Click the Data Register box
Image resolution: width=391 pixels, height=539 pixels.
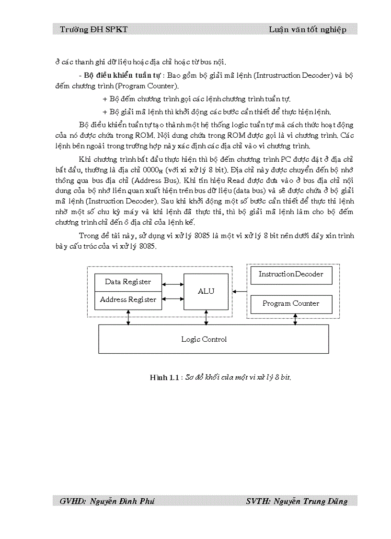[128, 282]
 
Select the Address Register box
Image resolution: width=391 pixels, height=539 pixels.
[128, 299]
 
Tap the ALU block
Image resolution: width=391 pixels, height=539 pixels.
[206, 291]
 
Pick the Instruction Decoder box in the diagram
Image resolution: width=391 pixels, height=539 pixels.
[291, 275]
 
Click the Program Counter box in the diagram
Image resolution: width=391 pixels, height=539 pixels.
[291, 303]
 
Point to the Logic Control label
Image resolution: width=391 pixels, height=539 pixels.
[204, 339]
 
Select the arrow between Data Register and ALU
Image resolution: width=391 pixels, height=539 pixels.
[173, 285]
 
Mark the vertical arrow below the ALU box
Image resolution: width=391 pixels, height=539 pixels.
[206, 317]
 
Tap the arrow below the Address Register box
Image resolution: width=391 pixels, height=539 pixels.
[128, 317]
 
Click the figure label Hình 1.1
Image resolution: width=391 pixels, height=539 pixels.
[164, 378]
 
